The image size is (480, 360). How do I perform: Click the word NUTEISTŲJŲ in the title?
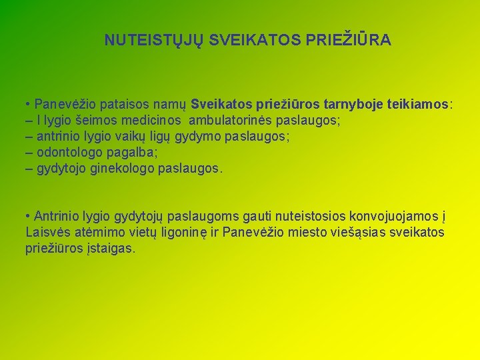(x=155, y=41)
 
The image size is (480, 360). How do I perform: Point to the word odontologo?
(x=69, y=153)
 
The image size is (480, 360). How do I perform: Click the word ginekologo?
(x=125, y=169)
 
